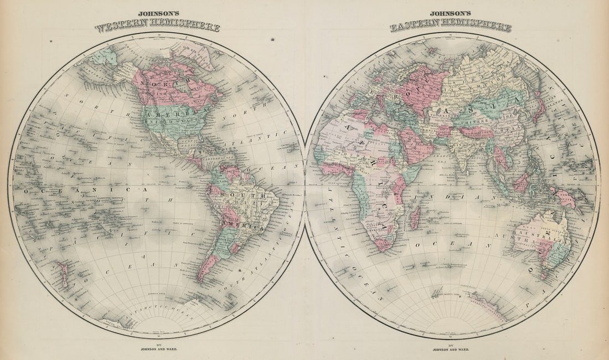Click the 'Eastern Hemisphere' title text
[451, 26]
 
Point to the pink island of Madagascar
[415, 217]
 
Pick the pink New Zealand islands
[64, 275]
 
